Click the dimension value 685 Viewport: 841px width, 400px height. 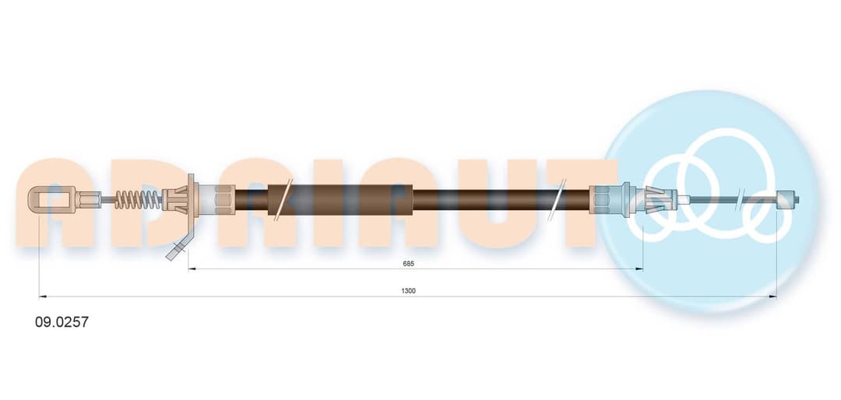408,263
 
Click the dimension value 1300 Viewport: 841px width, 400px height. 408,290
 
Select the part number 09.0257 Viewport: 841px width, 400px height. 62,322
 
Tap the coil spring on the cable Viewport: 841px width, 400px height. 138,200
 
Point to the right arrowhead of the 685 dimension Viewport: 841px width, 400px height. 639,268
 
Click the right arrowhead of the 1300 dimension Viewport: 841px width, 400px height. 772,296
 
